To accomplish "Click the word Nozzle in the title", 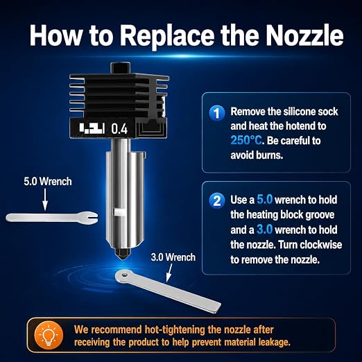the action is click(x=304, y=35).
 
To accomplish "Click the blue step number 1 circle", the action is click(x=216, y=113).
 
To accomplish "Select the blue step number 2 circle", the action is click(x=216, y=200).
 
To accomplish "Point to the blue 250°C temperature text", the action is click(x=246, y=140).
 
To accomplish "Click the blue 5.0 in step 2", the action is click(x=265, y=200).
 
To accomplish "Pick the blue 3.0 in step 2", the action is click(x=265, y=230).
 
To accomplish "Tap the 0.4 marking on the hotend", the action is click(x=119, y=129).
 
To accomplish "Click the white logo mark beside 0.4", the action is click(x=92, y=128).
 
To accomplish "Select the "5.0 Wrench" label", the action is click(x=48, y=182).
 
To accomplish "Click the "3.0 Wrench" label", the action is click(x=173, y=257).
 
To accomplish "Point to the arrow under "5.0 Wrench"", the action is click(x=45, y=199).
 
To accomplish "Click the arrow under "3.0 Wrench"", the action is click(x=169, y=273).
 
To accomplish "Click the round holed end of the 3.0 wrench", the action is click(x=123, y=276).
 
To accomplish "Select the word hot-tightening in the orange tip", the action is click(x=175, y=330).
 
